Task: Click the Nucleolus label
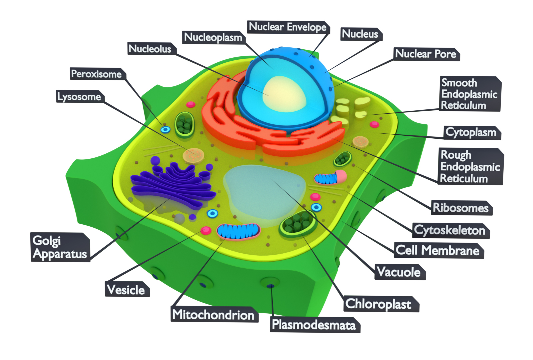coord(151,49)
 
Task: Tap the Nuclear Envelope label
coord(288,27)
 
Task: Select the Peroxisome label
coord(97,74)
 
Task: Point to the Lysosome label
coord(79,97)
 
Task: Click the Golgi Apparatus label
coord(60,247)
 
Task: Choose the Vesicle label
coord(126,290)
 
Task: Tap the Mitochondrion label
coord(214,315)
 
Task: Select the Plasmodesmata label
coord(314,325)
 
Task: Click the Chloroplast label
coord(379,304)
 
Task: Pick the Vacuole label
coord(399,272)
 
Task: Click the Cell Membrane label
coord(438,250)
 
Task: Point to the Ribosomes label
coord(461,208)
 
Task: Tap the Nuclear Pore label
coord(426,54)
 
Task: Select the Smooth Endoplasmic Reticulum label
coord(469,94)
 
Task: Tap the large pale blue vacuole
coord(263,192)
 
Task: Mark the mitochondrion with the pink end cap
coord(330,178)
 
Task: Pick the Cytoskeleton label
coord(450,230)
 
